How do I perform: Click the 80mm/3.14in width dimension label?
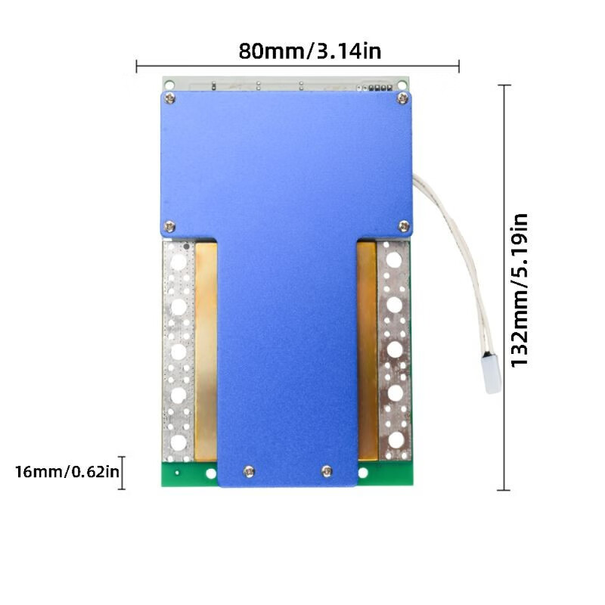pyautogui.click(x=310, y=51)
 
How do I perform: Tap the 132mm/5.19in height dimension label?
pyautogui.click(x=519, y=290)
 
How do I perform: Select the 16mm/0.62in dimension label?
pyautogui.click(x=67, y=471)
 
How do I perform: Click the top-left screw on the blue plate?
pyautogui.click(x=169, y=98)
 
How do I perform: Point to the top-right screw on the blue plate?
pyautogui.click(x=402, y=98)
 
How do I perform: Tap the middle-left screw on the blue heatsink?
pyautogui.click(x=169, y=226)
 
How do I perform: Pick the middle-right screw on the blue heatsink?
pyautogui.click(x=404, y=226)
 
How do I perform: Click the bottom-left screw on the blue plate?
pyautogui.click(x=249, y=471)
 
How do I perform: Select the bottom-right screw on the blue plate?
pyautogui.click(x=327, y=471)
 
